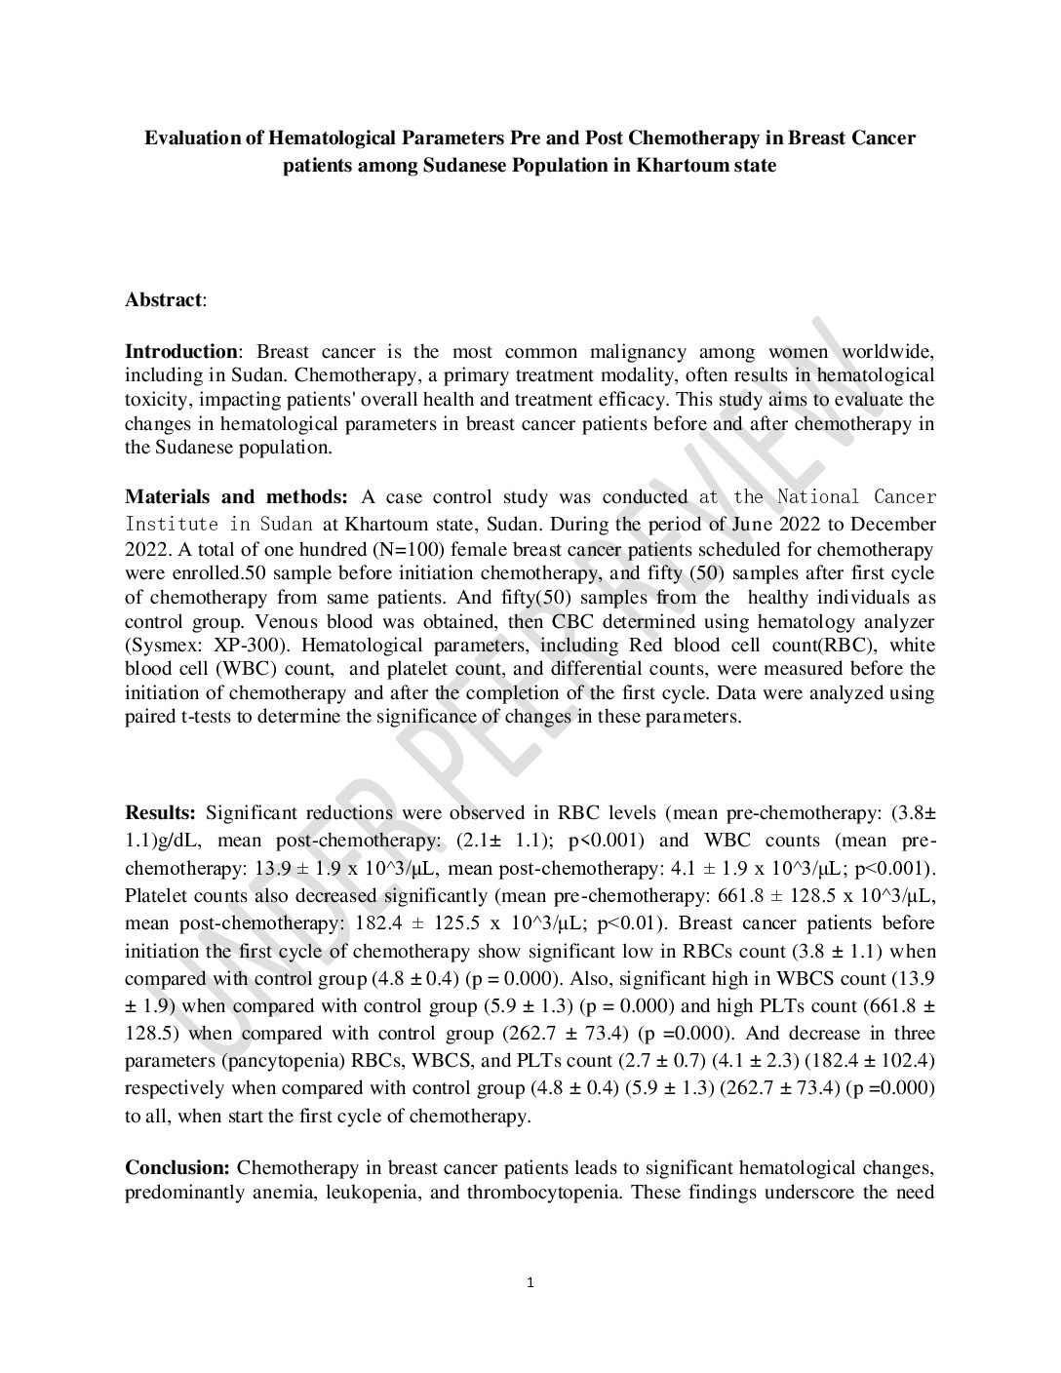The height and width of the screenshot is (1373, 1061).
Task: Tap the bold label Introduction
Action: pos(180,352)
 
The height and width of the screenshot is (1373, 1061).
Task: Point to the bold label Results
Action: pos(160,812)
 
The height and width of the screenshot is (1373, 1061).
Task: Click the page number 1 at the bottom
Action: pos(530,1283)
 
